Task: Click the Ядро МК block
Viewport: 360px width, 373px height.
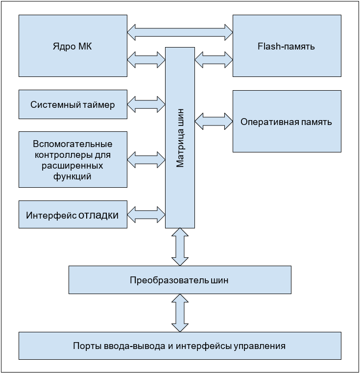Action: [x=72, y=46]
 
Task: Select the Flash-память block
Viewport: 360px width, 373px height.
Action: [x=287, y=46]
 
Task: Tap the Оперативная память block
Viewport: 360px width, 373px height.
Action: [x=287, y=122]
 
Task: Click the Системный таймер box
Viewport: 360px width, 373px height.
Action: [x=72, y=104]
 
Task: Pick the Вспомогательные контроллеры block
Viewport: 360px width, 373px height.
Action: [x=72, y=160]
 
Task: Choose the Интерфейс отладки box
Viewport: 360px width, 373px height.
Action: [x=72, y=215]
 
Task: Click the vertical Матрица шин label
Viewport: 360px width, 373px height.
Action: [x=180, y=138]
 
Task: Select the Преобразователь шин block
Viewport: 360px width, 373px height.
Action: [x=180, y=280]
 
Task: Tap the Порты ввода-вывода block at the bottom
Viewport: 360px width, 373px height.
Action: [x=179, y=346]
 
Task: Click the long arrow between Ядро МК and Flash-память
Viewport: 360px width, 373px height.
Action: [x=180, y=32]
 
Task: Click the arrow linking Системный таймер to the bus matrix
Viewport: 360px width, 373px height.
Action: [x=146, y=104]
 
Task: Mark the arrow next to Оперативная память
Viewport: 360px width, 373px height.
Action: [x=214, y=121]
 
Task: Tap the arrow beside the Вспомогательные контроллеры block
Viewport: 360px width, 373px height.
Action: [x=146, y=159]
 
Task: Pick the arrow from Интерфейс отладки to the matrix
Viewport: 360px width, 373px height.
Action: [x=146, y=214]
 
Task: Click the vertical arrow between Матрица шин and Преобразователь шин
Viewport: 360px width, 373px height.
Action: [x=180, y=247]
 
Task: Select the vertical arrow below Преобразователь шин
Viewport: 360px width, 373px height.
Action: [x=180, y=313]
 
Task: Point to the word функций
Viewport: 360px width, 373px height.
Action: [x=72, y=176]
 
